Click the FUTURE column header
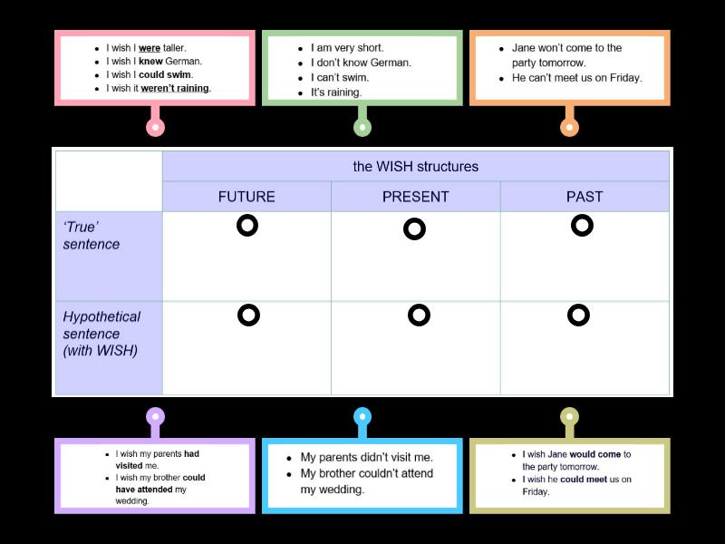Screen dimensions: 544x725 tap(246, 197)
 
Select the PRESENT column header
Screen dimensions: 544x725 tap(415, 197)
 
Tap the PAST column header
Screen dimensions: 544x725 tap(585, 197)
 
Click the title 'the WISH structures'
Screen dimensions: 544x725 tap(415, 167)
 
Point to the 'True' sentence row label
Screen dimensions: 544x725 tap(92, 236)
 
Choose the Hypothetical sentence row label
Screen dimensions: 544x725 tap(101, 333)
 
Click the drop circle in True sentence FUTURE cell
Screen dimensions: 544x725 tap(247, 226)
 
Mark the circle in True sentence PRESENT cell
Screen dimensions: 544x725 tap(414, 229)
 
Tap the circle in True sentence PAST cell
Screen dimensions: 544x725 tap(582, 225)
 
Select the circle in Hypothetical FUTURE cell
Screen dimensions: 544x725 tap(248, 316)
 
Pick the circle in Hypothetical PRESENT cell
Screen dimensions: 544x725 tap(418, 316)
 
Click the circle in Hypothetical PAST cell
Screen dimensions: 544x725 tap(578, 316)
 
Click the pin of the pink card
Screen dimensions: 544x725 tap(155, 127)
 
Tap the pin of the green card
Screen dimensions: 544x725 tap(362, 127)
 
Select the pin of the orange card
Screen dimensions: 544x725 tap(569, 127)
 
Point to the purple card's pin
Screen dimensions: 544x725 tap(156, 417)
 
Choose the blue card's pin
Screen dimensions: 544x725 tap(362, 417)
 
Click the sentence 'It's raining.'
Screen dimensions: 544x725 tap(336, 92)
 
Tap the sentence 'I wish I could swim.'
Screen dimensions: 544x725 tap(150, 74)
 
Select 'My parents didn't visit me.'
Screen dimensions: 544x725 tap(367, 458)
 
